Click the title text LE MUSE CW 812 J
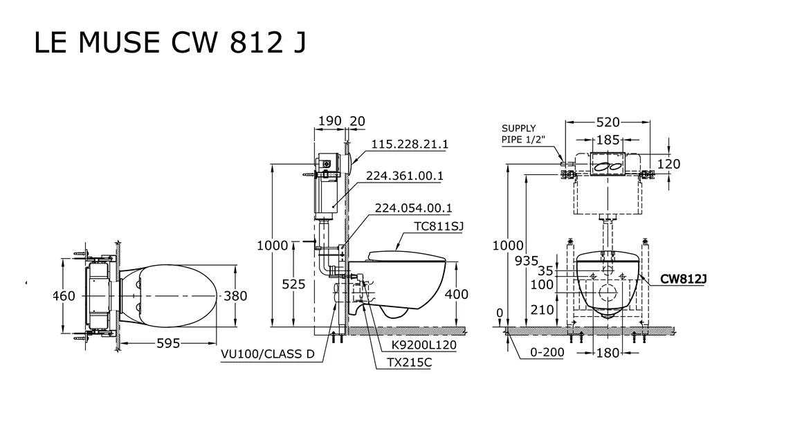click(x=170, y=43)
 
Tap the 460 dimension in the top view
click(x=64, y=296)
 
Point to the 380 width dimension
click(x=235, y=296)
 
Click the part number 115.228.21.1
click(x=410, y=144)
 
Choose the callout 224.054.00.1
click(x=413, y=208)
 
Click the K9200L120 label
click(x=423, y=345)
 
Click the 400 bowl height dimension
click(x=456, y=294)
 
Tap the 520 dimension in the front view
click(x=608, y=122)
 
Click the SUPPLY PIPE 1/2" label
click(x=523, y=134)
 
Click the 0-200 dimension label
click(x=547, y=352)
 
